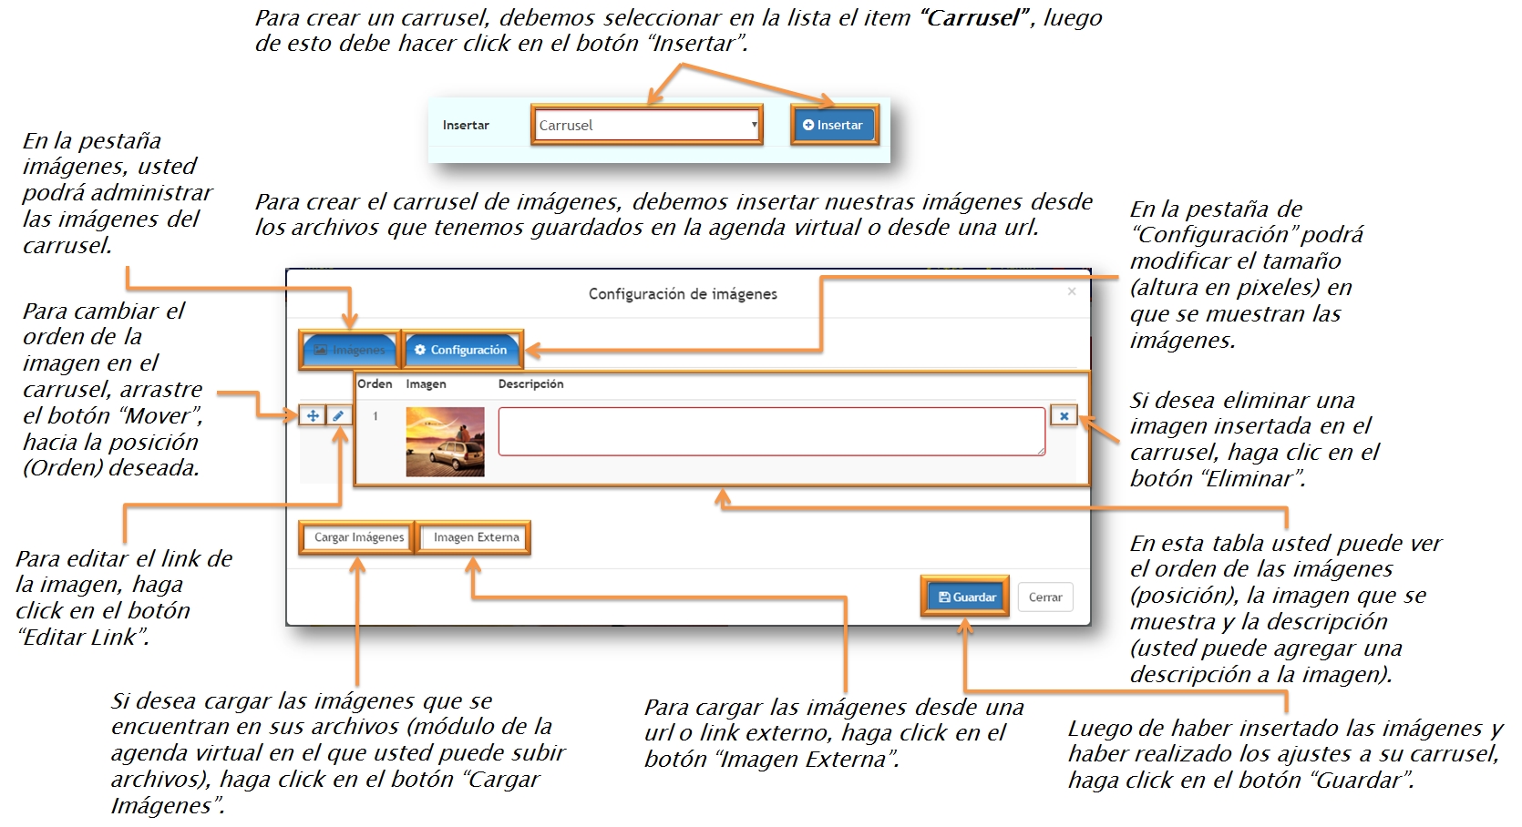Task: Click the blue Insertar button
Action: [x=833, y=126]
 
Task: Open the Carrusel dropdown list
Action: [x=646, y=126]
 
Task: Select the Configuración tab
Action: [x=462, y=350]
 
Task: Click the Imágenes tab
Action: [x=350, y=350]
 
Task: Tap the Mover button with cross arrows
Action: [x=313, y=415]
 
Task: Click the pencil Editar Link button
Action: [x=338, y=415]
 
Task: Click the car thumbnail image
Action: [x=445, y=443]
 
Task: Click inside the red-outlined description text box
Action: [x=771, y=431]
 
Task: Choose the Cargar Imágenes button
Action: [x=358, y=537]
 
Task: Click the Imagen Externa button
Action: [x=476, y=537]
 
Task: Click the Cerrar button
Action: [x=1045, y=597]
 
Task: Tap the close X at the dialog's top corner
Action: [x=1072, y=291]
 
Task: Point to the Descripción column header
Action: [x=530, y=384]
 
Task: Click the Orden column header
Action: [x=375, y=384]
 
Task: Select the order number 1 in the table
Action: [x=375, y=416]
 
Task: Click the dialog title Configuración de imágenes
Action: [x=683, y=294]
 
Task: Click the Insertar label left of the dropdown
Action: [x=466, y=126]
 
